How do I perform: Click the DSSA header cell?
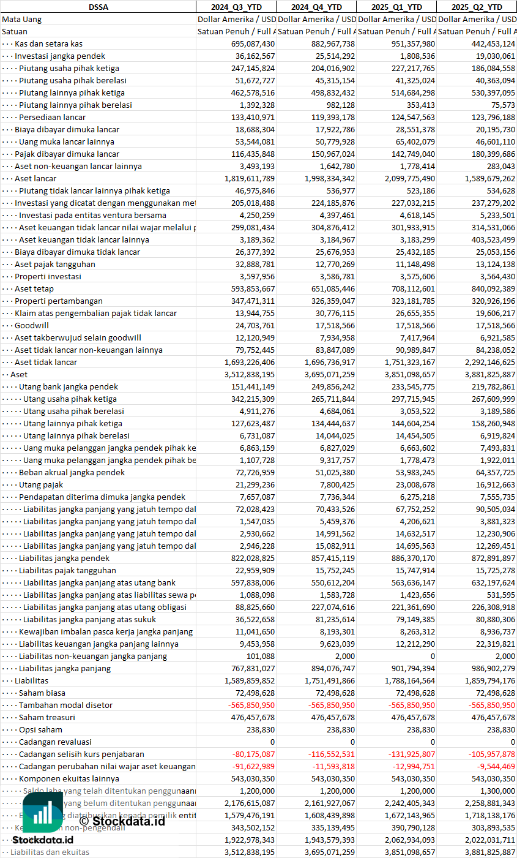[98, 7]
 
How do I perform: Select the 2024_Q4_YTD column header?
[316, 7]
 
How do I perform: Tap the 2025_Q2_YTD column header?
[477, 7]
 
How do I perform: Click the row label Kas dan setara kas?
[48, 43]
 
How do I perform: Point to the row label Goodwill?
[32, 325]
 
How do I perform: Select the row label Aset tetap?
[34, 288]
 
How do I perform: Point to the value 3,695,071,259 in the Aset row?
[324, 374]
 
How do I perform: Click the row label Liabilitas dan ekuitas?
[50, 852]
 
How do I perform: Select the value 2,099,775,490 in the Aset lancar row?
[404, 178]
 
